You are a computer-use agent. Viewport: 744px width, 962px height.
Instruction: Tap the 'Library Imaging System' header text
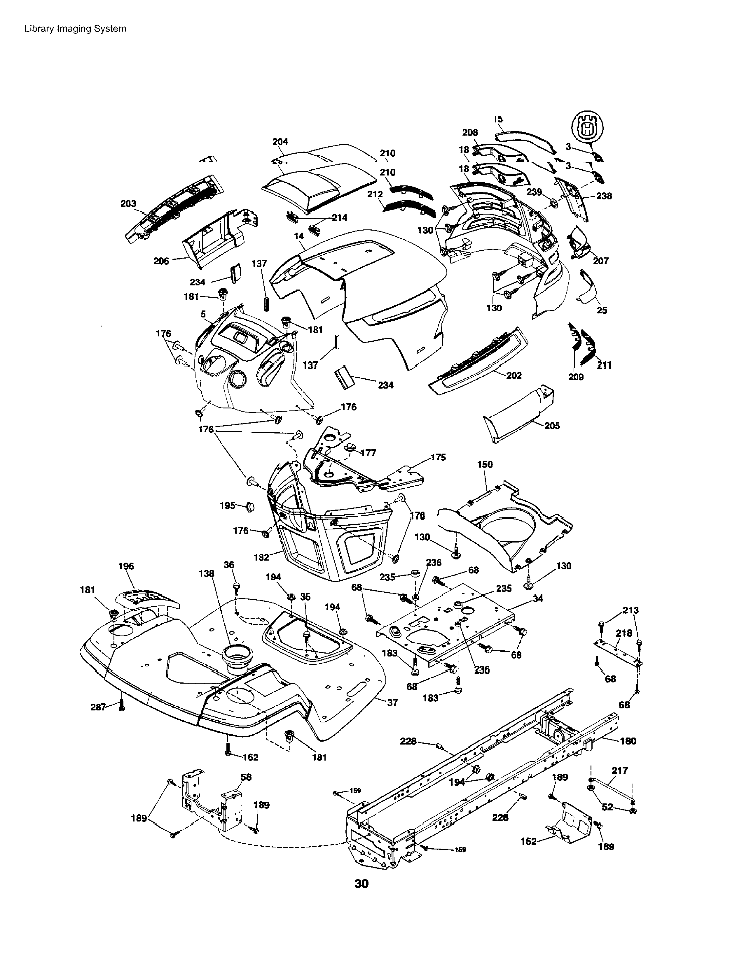pyautogui.click(x=75, y=29)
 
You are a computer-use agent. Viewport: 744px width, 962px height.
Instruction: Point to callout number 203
pyautogui.click(x=128, y=203)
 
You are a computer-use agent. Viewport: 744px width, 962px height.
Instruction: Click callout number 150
pyautogui.click(x=485, y=464)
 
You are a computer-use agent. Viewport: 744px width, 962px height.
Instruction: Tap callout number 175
pyautogui.click(x=438, y=457)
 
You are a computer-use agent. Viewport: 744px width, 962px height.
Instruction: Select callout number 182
pyautogui.click(x=261, y=557)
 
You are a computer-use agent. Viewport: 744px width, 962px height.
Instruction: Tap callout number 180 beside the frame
pyautogui.click(x=628, y=741)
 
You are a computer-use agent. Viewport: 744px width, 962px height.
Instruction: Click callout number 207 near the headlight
pyautogui.click(x=601, y=261)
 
